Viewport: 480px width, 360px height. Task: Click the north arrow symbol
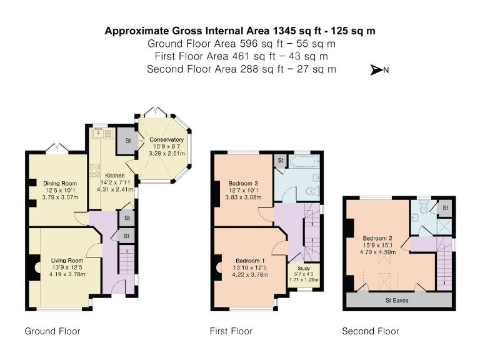tap(376, 70)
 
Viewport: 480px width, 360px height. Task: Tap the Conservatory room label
tap(166, 139)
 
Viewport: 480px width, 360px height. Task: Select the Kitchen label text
tap(115, 176)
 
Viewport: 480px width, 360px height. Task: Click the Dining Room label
tap(60, 184)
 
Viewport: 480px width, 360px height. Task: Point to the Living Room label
tap(67, 261)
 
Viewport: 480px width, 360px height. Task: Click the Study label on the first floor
tap(304, 269)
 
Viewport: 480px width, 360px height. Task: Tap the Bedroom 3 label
tap(243, 184)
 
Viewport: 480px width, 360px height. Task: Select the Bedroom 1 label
tap(250, 261)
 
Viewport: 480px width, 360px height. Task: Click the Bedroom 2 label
tap(377, 238)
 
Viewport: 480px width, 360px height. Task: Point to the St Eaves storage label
tap(397, 300)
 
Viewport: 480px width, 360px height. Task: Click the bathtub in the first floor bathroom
tap(304, 161)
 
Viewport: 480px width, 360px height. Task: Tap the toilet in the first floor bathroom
tap(313, 191)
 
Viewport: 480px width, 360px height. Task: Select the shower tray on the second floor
tap(444, 227)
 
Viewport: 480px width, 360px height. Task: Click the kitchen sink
tap(99, 133)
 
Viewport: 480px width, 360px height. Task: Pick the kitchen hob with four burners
tap(94, 171)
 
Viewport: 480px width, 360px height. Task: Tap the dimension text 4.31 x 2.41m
tap(115, 189)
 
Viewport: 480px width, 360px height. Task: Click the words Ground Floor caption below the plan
tap(52, 331)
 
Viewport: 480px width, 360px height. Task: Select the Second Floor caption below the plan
tap(371, 331)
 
